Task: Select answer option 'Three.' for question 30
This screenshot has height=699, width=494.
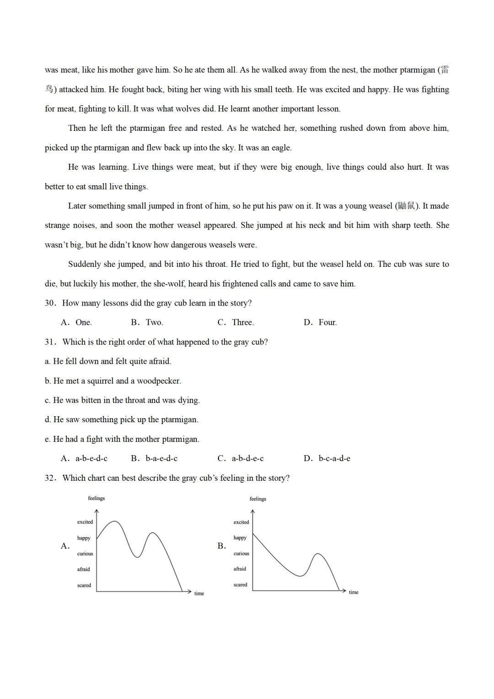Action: (243, 323)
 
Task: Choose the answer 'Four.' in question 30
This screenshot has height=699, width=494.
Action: (328, 323)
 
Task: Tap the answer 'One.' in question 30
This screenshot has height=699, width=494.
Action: (84, 323)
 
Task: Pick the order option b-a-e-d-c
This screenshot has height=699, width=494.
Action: (161, 458)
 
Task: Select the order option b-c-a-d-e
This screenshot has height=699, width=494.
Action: (334, 458)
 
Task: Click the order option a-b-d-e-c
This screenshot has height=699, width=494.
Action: (247, 458)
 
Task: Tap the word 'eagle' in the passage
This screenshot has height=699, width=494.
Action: (280, 148)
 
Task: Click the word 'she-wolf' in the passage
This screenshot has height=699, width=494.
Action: (169, 284)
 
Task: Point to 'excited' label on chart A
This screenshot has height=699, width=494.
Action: (85, 522)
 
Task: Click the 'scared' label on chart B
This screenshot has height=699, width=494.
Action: (240, 585)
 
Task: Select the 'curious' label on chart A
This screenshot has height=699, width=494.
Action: (85, 554)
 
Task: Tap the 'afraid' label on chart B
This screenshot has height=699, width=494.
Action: (240, 569)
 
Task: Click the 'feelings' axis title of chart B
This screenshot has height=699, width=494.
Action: (258, 499)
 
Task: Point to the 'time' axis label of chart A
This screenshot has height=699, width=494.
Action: (199, 594)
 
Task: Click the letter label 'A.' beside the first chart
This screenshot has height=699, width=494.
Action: (65, 546)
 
